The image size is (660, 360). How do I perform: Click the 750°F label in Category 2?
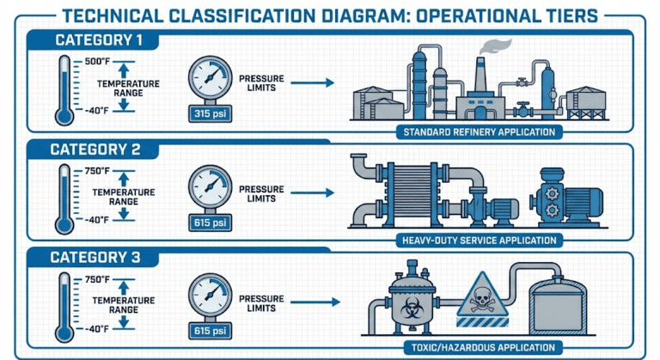(97, 171)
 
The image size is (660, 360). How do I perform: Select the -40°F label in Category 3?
(97, 328)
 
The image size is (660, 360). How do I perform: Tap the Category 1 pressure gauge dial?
(209, 77)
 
